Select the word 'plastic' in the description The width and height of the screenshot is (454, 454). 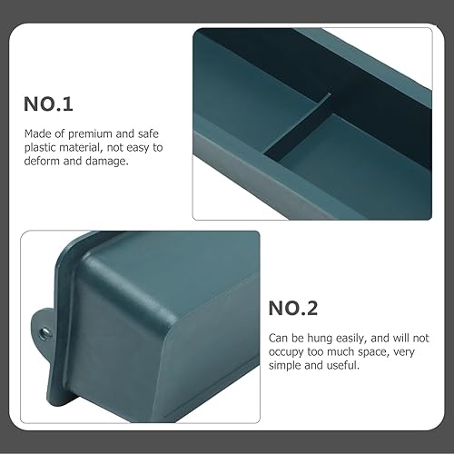pos(40,145)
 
